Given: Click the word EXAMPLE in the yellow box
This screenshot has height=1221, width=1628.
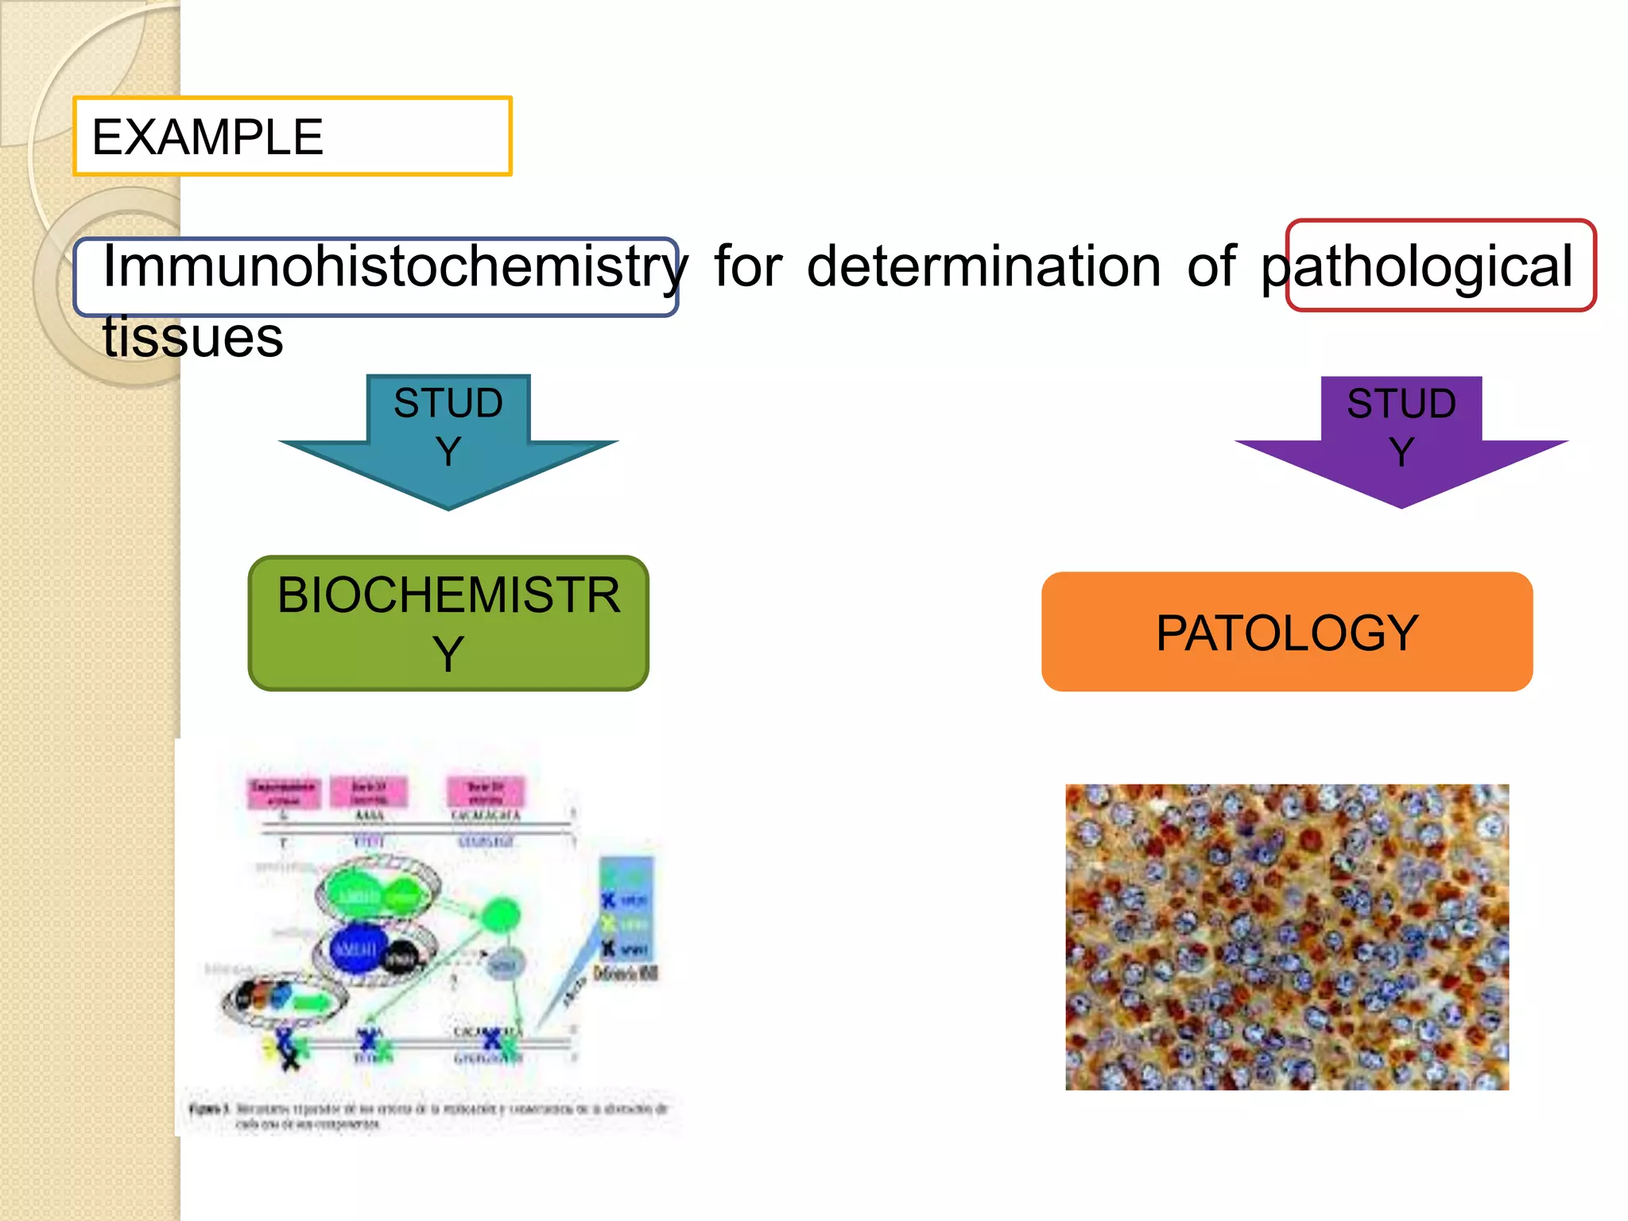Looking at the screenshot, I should pos(207,137).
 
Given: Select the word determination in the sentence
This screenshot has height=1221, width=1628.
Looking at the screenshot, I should pos(983,266).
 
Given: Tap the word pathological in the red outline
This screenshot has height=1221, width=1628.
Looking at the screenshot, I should pos(1417,266).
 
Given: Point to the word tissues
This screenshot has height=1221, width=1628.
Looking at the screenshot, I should pos(193,337).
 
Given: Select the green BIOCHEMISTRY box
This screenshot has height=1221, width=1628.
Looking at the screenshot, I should pos(448,623).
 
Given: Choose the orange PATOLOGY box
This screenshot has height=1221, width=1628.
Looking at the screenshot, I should pos(1287,632).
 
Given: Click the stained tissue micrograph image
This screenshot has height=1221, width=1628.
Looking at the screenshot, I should pos(1287,936).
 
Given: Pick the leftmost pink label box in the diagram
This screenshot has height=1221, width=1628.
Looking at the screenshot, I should pos(284,793).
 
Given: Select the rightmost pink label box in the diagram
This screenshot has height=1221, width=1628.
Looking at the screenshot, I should pos(486,792).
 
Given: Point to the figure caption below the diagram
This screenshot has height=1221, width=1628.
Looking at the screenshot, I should pos(429,1115).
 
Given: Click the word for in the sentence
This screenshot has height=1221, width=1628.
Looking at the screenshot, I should pos(748,266).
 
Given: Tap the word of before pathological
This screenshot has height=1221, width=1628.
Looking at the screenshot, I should pos(1211,266).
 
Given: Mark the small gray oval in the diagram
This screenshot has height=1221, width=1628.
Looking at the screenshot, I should pos(502,964).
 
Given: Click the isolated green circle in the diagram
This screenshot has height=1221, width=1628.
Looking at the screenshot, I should pos(500,914).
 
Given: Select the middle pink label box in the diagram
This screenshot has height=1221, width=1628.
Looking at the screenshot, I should pos(369,792).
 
